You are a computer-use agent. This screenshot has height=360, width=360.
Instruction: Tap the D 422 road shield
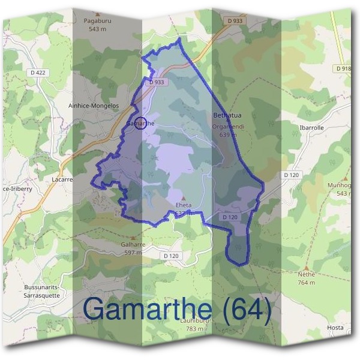[38, 73]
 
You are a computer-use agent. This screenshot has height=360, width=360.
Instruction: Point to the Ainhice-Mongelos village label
[94, 106]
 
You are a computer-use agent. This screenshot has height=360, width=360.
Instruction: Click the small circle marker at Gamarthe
[140, 123]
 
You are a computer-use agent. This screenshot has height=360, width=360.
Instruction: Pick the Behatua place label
[227, 114]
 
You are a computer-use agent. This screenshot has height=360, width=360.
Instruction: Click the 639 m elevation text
[228, 134]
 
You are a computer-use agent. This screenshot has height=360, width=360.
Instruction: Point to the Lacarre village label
[63, 178]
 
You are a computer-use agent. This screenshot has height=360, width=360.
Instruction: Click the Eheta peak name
[184, 205]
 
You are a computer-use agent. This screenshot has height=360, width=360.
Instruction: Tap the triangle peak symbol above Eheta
[184, 197]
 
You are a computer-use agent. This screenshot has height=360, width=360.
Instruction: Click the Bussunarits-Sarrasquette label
[42, 291]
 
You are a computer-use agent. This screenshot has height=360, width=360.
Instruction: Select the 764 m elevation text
[307, 283]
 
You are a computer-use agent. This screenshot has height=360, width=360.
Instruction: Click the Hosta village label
[335, 328]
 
